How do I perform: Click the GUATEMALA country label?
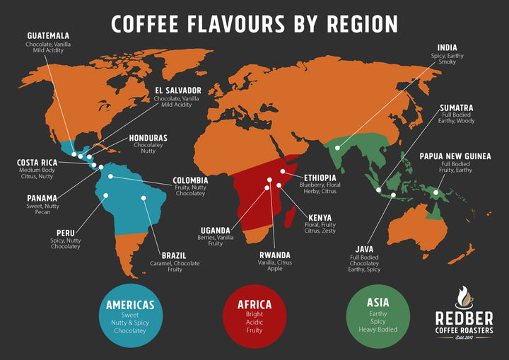(x=48, y=35)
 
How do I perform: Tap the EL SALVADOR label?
(x=177, y=91)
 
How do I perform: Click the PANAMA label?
(x=42, y=198)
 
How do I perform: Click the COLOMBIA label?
(x=190, y=180)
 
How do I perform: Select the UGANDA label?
(x=215, y=230)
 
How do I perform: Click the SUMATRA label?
(x=456, y=108)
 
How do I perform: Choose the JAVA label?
(x=364, y=248)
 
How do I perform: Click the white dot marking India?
(x=337, y=148)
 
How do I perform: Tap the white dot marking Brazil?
(x=144, y=198)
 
